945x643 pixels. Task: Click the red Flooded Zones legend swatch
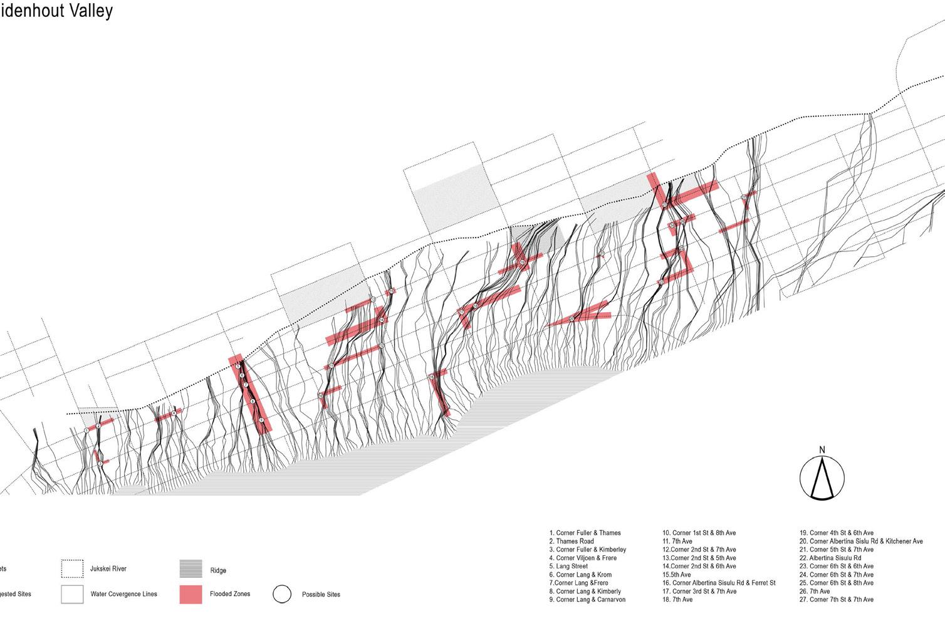click(x=191, y=594)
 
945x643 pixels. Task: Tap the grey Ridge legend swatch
click(x=191, y=569)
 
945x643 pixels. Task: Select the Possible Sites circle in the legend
click(x=282, y=594)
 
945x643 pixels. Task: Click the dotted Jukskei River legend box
click(x=72, y=569)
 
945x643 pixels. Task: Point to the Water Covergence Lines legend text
click(x=123, y=594)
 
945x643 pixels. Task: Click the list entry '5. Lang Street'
click(x=568, y=567)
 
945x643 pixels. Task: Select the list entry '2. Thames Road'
click(x=571, y=541)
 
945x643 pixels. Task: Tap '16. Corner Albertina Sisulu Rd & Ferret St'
click(x=719, y=583)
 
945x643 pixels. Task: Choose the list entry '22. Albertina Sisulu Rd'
click(x=830, y=558)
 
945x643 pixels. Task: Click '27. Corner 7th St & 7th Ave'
click(x=836, y=600)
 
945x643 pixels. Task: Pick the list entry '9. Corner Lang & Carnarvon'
click(x=587, y=600)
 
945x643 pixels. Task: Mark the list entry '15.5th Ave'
click(x=677, y=575)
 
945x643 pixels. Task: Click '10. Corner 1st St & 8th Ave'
click(x=699, y=533)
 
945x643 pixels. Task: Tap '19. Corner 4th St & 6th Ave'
click(x=836, y=533)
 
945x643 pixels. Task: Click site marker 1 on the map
click(x=86, y=431)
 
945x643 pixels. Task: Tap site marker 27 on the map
click(x=743, y=197)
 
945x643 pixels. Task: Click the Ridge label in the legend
click(x=218, y=571)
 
